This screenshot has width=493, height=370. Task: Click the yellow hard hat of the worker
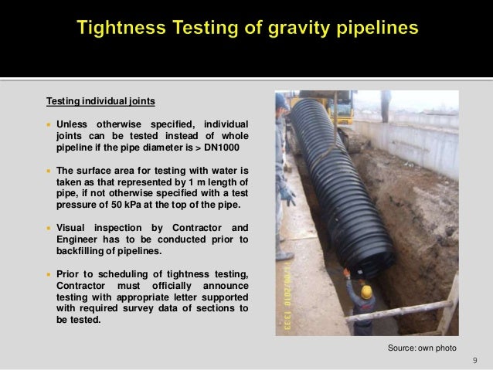367,291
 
